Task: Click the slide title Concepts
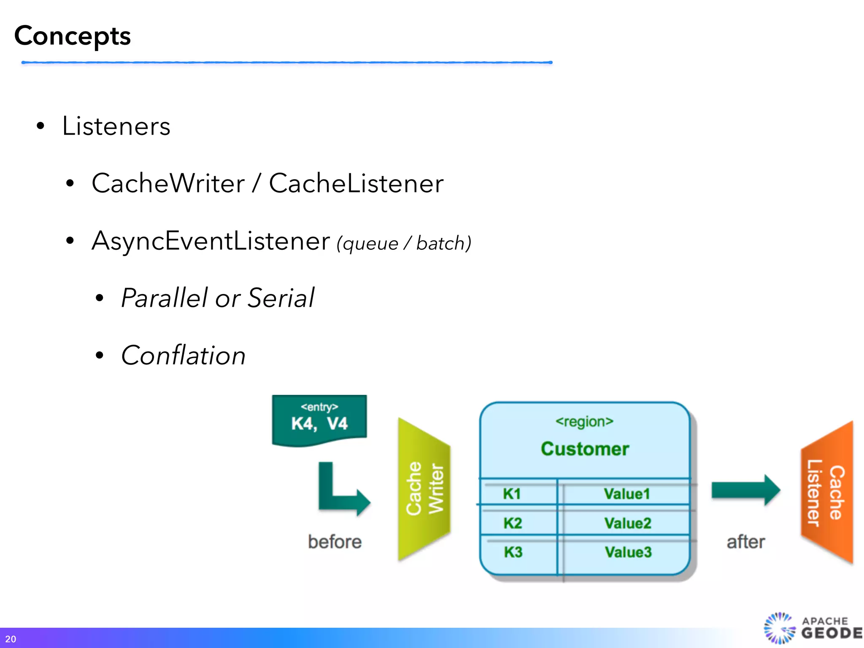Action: coord(73,36)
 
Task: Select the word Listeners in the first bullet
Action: coord(116,126)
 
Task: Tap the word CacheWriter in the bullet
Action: coord(168,184)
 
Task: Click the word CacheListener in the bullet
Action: coord(356,184)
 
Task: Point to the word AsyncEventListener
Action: coord(210,241)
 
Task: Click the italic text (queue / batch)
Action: coord(404,243)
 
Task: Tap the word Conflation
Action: coord(183,355)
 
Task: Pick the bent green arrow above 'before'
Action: coord(337,491)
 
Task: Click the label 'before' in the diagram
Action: coord(335,542)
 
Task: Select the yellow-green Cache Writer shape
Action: coord(424,489)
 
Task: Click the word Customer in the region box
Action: coord(585,448)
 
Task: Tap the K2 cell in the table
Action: coord(513,523)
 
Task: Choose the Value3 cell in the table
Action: coord(628,552)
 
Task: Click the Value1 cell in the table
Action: coord(626,494)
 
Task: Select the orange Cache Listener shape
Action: coord(827,492)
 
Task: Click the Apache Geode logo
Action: coord(812,628)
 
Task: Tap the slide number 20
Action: coord(11,639)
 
